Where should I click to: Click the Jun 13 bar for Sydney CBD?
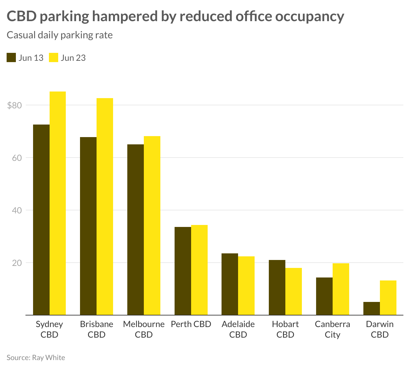coord(41,220)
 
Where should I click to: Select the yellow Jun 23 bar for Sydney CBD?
coord(58,203)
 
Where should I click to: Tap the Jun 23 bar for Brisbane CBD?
coord(105,206)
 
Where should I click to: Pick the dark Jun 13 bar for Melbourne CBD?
coord(136,230)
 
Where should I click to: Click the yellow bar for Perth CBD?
coord(199,270)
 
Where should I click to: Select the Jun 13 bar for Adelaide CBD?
coord(230,284)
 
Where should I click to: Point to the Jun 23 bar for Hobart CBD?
coord(294,291)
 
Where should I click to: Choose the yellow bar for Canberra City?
coord(341,289)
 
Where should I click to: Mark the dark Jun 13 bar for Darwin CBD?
coord(372,309)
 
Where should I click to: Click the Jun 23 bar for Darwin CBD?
coord(388,298)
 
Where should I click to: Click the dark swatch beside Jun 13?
coord(11,57)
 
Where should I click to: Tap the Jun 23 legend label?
coord(73,58)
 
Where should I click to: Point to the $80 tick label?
coord(14,106)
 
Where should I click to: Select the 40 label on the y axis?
coord(17,210)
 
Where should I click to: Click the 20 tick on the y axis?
coord(17,263)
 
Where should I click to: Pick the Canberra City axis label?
coord(332,329)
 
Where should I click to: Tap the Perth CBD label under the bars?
coord(191,324)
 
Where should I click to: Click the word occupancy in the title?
coord(309,16)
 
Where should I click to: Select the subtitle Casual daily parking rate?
coord(60,35)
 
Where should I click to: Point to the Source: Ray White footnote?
coord(36,357)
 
